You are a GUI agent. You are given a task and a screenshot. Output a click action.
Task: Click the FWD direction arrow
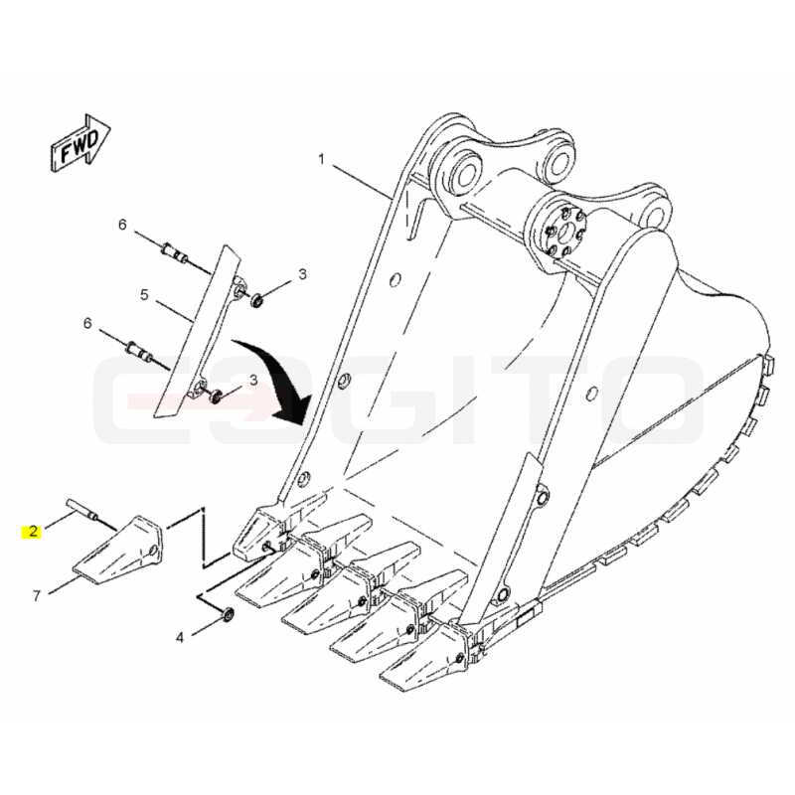point(81,142)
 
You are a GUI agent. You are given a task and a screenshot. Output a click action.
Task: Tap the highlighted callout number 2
point(33,532)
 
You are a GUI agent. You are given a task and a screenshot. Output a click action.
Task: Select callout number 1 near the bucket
point(321,160)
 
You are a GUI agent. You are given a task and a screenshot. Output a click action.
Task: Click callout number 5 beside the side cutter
point(144,294)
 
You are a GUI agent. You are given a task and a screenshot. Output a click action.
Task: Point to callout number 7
point(36,595)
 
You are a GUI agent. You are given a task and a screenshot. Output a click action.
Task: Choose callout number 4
point(180,637)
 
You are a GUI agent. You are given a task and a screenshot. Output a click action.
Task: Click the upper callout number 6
point(122,225)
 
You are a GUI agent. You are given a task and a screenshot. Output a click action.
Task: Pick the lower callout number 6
point(87,323)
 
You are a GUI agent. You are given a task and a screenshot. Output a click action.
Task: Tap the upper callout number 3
point(303,274)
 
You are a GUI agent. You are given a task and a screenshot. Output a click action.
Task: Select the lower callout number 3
point(253,380)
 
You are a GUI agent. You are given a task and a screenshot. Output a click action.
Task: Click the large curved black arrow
point(275,380)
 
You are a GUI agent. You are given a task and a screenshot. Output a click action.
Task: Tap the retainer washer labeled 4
point(229,615)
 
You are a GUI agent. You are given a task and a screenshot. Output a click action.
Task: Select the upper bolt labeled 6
point(175,253)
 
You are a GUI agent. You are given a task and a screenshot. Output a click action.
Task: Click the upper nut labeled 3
point(257,300)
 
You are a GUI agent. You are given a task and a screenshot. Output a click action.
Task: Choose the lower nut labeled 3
point(216,396)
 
